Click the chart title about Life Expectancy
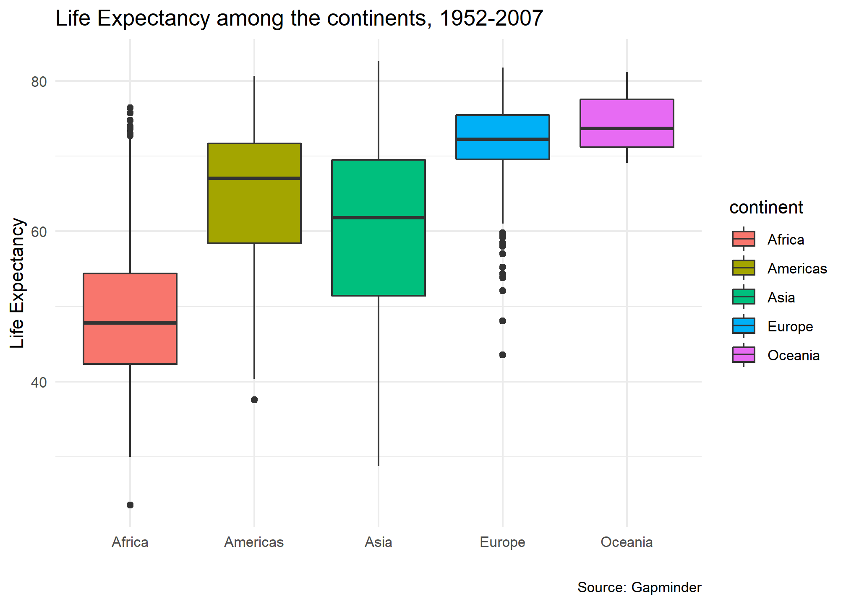coord(299,18)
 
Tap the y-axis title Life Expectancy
coord(18,283)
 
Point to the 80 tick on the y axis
coord(39,82)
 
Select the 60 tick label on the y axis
coord(39,232)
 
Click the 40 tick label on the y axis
coord(39,383)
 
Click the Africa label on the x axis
coord(130,542)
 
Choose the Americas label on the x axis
coord(254,542)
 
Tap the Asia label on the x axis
coord(378,542)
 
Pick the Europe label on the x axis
coord(502,542)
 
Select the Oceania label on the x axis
coord(627,542)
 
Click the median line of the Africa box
coord(130,323)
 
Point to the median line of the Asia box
coord(378,218)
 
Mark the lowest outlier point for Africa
coord(130,505)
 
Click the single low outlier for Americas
coord(254,400)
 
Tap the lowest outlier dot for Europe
coord(503,355)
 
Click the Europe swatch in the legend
coord(743,326)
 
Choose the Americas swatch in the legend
coord(743,268)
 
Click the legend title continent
coord(766,208)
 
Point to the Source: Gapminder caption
coord(639,588)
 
